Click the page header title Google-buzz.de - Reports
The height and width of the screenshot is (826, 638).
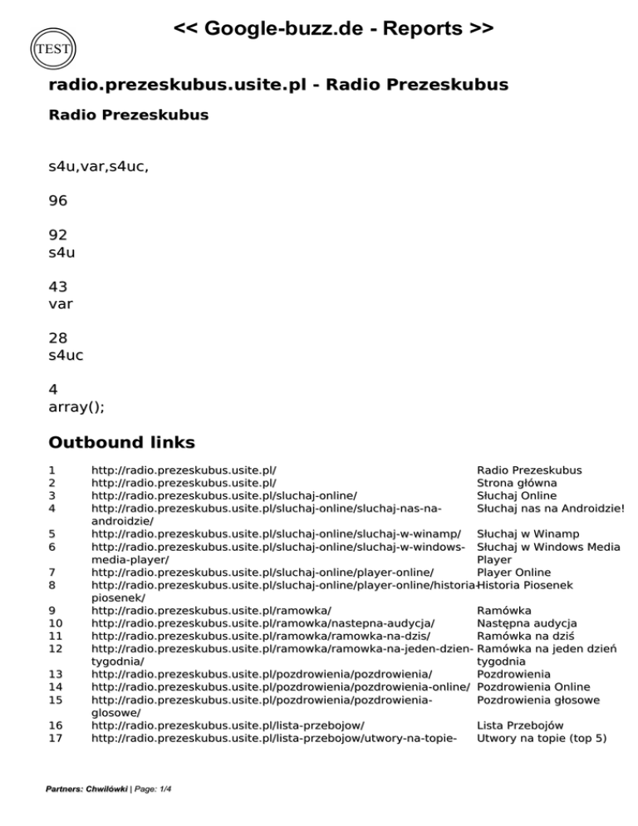point(334,30)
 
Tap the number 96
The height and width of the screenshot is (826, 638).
point(58,200)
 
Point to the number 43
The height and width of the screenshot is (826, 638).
point(58,287)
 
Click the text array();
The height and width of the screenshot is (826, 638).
point(76,407)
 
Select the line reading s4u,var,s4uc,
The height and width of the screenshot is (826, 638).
point(99,166)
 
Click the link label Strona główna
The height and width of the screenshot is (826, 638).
point(517,482)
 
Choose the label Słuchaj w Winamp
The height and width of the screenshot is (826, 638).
point(524,533)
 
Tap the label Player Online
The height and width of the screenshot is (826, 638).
point(513,572)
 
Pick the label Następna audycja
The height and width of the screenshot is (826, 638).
point(528,623)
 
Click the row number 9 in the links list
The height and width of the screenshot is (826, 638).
point(53,610)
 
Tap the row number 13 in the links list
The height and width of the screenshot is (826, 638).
point(56,674)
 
